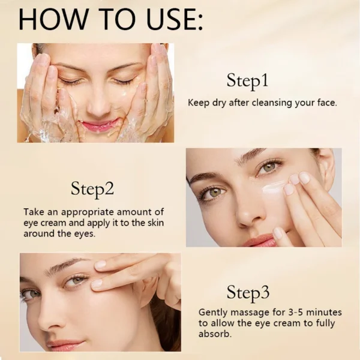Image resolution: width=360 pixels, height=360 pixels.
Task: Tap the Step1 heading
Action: [x=247, y=80]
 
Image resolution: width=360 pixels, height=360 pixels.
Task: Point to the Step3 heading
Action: [x=248, y=293]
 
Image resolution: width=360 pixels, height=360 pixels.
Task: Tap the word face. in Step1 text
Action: [x=325, y=103]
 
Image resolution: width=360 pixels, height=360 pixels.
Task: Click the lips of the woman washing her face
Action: [x=99, y=125]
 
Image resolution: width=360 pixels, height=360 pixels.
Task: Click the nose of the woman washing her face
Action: [x=98, y=102]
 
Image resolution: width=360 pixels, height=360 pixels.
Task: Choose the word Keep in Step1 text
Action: [x=199, y=103]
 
